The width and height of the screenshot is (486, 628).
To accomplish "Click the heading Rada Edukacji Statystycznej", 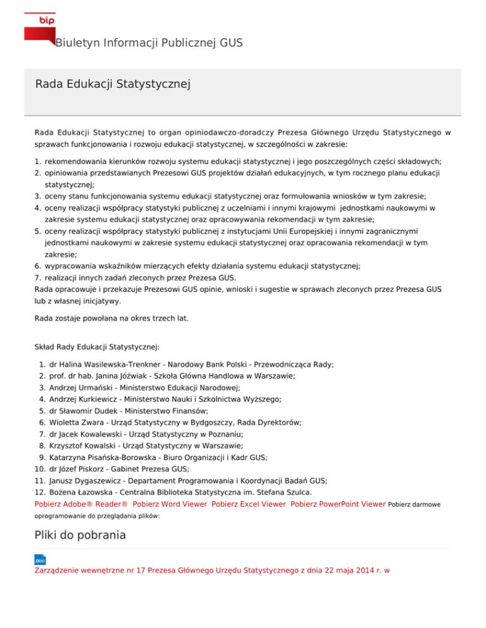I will [113, 83].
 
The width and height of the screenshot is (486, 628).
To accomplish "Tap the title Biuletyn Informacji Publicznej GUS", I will [149, 43].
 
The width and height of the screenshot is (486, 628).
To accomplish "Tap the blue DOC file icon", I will [40, 560].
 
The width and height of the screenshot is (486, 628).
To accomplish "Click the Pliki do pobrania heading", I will [80, 535].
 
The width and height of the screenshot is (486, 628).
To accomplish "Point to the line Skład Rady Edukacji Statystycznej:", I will [97, 346].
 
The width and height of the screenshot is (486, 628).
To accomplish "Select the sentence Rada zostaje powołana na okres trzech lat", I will [111, 318].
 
